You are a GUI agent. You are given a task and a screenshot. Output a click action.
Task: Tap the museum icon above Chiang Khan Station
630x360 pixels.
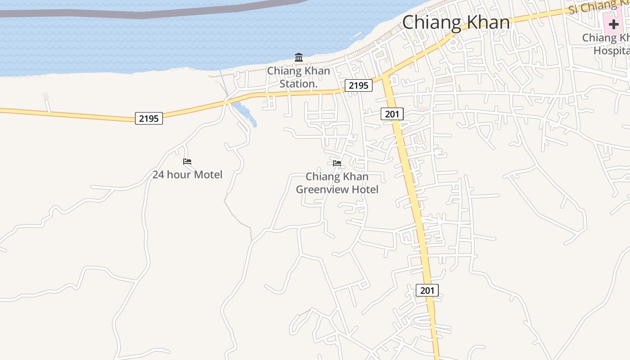click(x=299, y=57)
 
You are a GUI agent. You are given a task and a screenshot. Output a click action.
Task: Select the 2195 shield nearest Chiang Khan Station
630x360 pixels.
click(x=359, y=85)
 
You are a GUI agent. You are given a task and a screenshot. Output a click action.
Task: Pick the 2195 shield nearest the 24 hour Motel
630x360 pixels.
click(x=149, y=118)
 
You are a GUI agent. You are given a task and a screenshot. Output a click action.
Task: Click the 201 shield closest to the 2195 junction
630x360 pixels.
click(x=392, y=114)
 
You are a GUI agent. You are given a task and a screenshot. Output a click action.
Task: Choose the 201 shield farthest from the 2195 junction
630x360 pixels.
click(x=427, y=290)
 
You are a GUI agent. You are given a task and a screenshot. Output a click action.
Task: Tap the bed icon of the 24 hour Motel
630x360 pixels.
click(x=187, y=161)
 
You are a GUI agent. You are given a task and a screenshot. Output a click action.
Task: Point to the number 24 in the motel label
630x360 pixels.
click(x=158, y=175)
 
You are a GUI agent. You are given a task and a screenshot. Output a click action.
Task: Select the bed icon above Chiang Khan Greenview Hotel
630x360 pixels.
click(x=337, y=163)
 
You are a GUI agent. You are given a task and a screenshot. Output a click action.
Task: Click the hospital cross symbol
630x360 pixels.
click(x=614, y=24)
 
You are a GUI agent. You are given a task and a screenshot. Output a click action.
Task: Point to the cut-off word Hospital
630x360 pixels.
click(x=612, y=50)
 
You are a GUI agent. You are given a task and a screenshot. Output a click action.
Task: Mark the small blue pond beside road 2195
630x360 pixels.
click(x=244, y=112)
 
